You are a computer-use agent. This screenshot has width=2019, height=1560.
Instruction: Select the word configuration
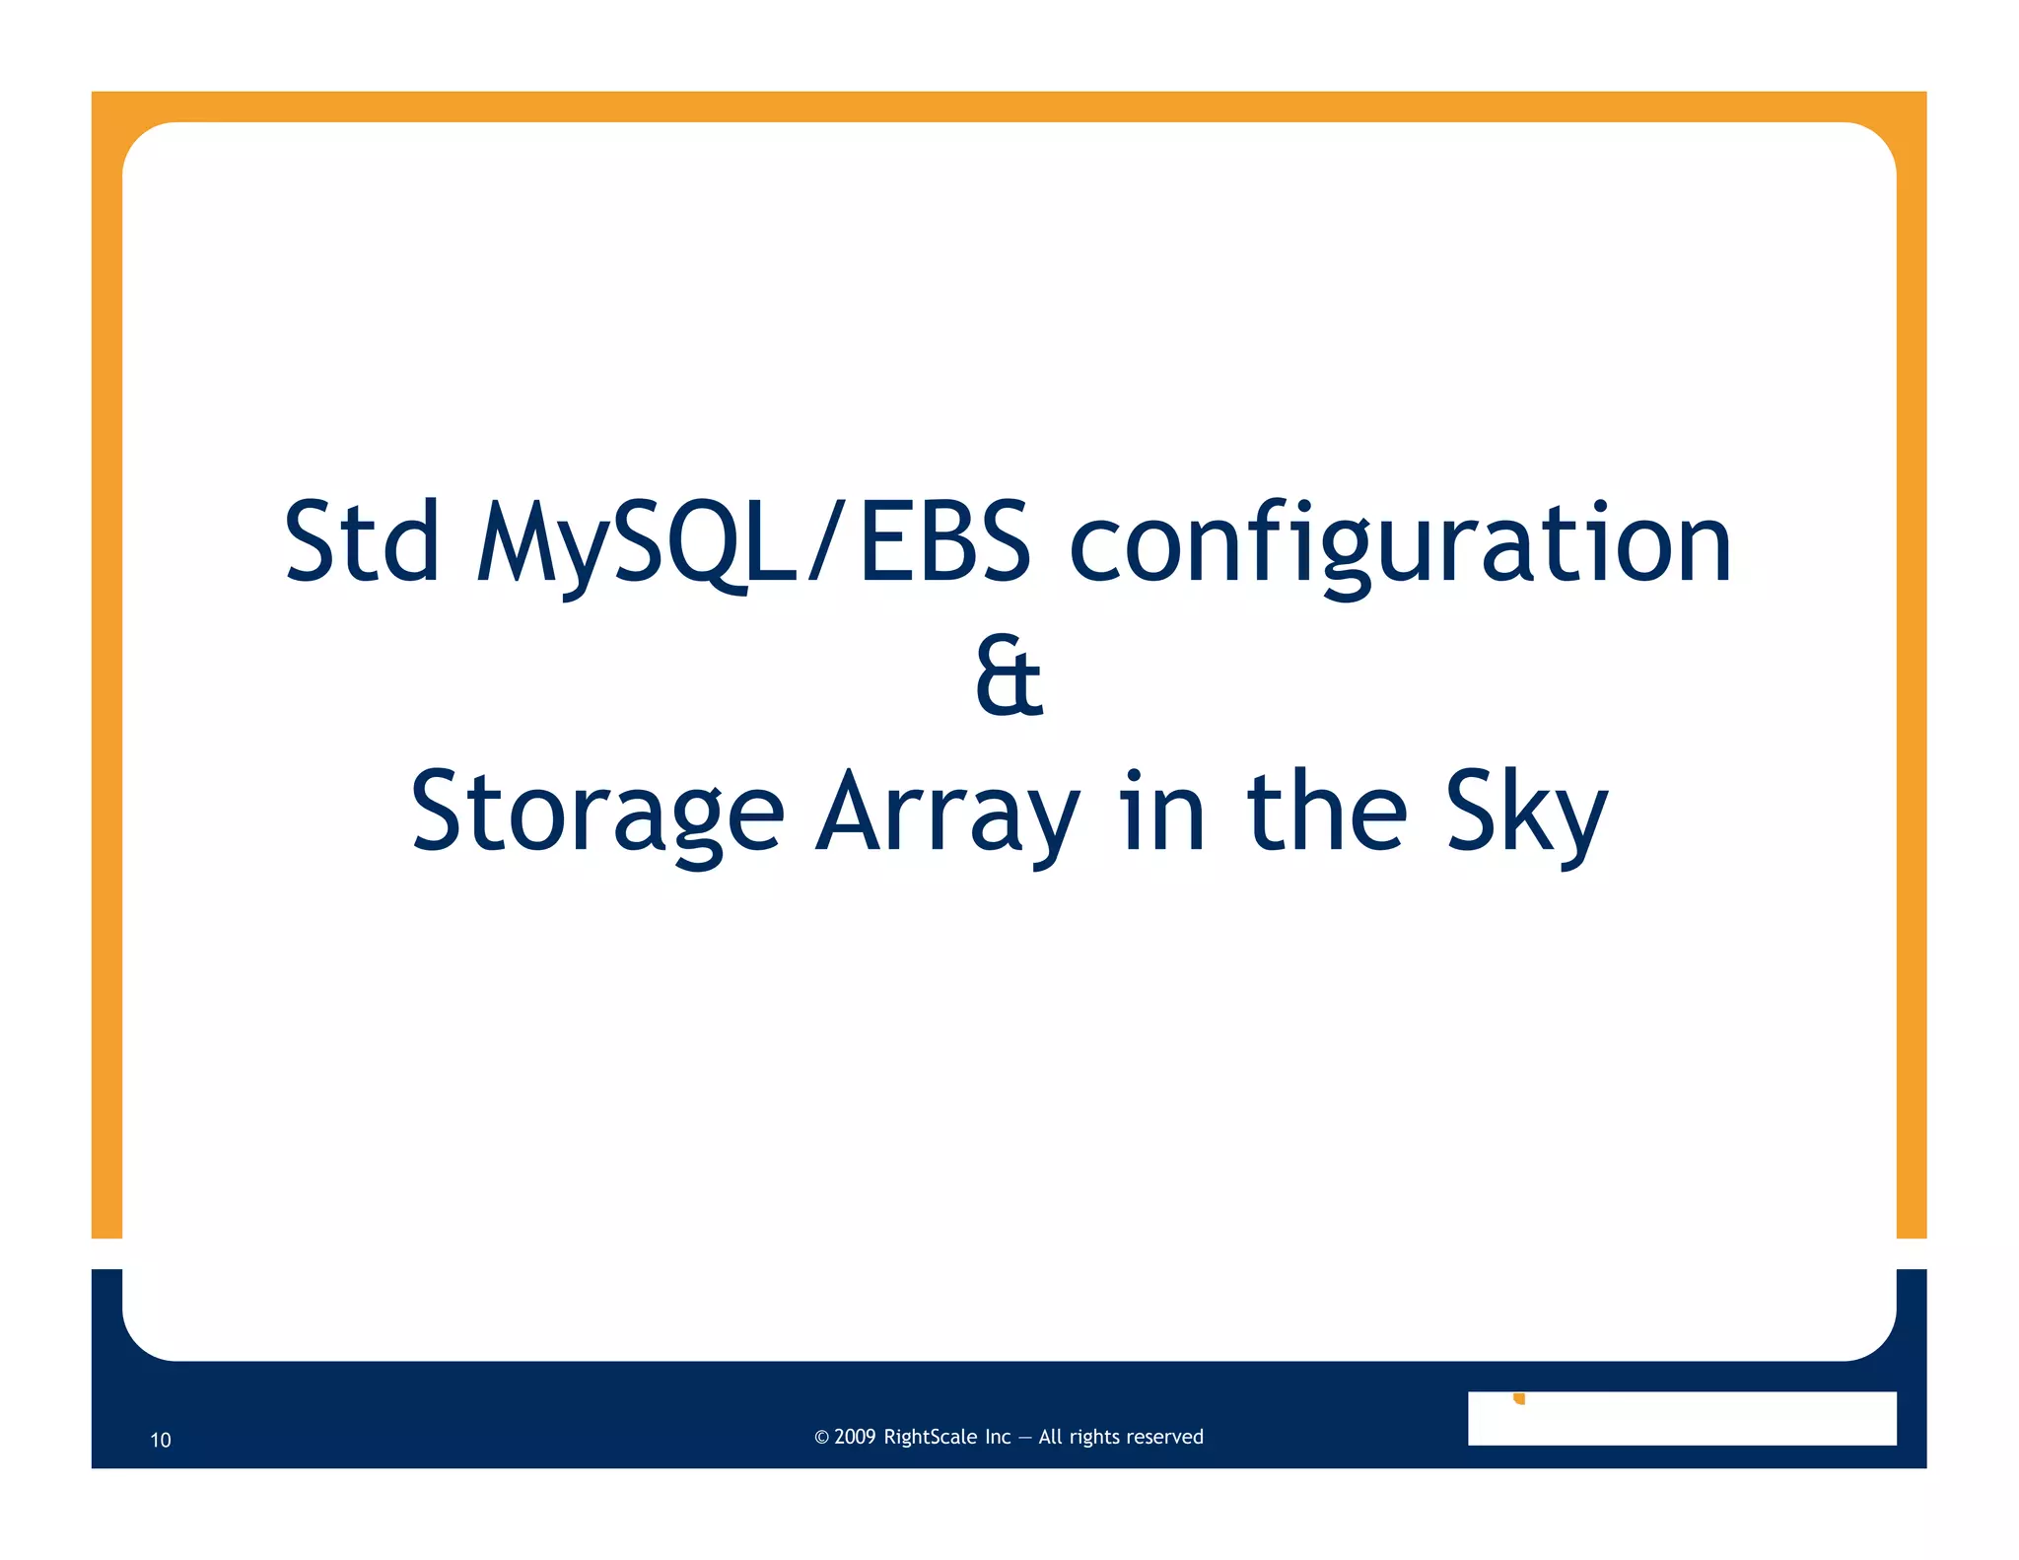click(x=1400, y=544)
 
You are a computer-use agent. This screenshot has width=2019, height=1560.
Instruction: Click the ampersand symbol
click(x=1009, y=676)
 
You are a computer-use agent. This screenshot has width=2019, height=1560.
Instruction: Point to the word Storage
click(x=597, y=813)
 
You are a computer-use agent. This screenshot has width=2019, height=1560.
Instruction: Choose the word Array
click(x=947, y=813)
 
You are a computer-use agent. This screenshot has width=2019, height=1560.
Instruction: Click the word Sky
click(x=1527, y=813)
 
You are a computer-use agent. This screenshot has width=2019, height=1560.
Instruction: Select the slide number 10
click(x=161, y=1440)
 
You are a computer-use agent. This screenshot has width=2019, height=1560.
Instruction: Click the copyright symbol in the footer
click(x=821, y=1438)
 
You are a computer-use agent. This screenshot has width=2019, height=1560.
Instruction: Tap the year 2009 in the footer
click(x=855, y=1437)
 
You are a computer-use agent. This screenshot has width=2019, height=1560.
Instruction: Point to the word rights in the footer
click(x=1094, y=1438)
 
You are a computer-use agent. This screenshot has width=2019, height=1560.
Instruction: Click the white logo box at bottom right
click(x=1681, y=1419)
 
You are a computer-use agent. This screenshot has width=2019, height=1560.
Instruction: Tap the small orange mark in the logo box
click(x=1519, y=1398)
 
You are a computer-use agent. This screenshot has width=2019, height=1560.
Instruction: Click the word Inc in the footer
click(x=998, y=1437)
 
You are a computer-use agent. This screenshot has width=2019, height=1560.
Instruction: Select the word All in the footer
click(x=1050, y=1437)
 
